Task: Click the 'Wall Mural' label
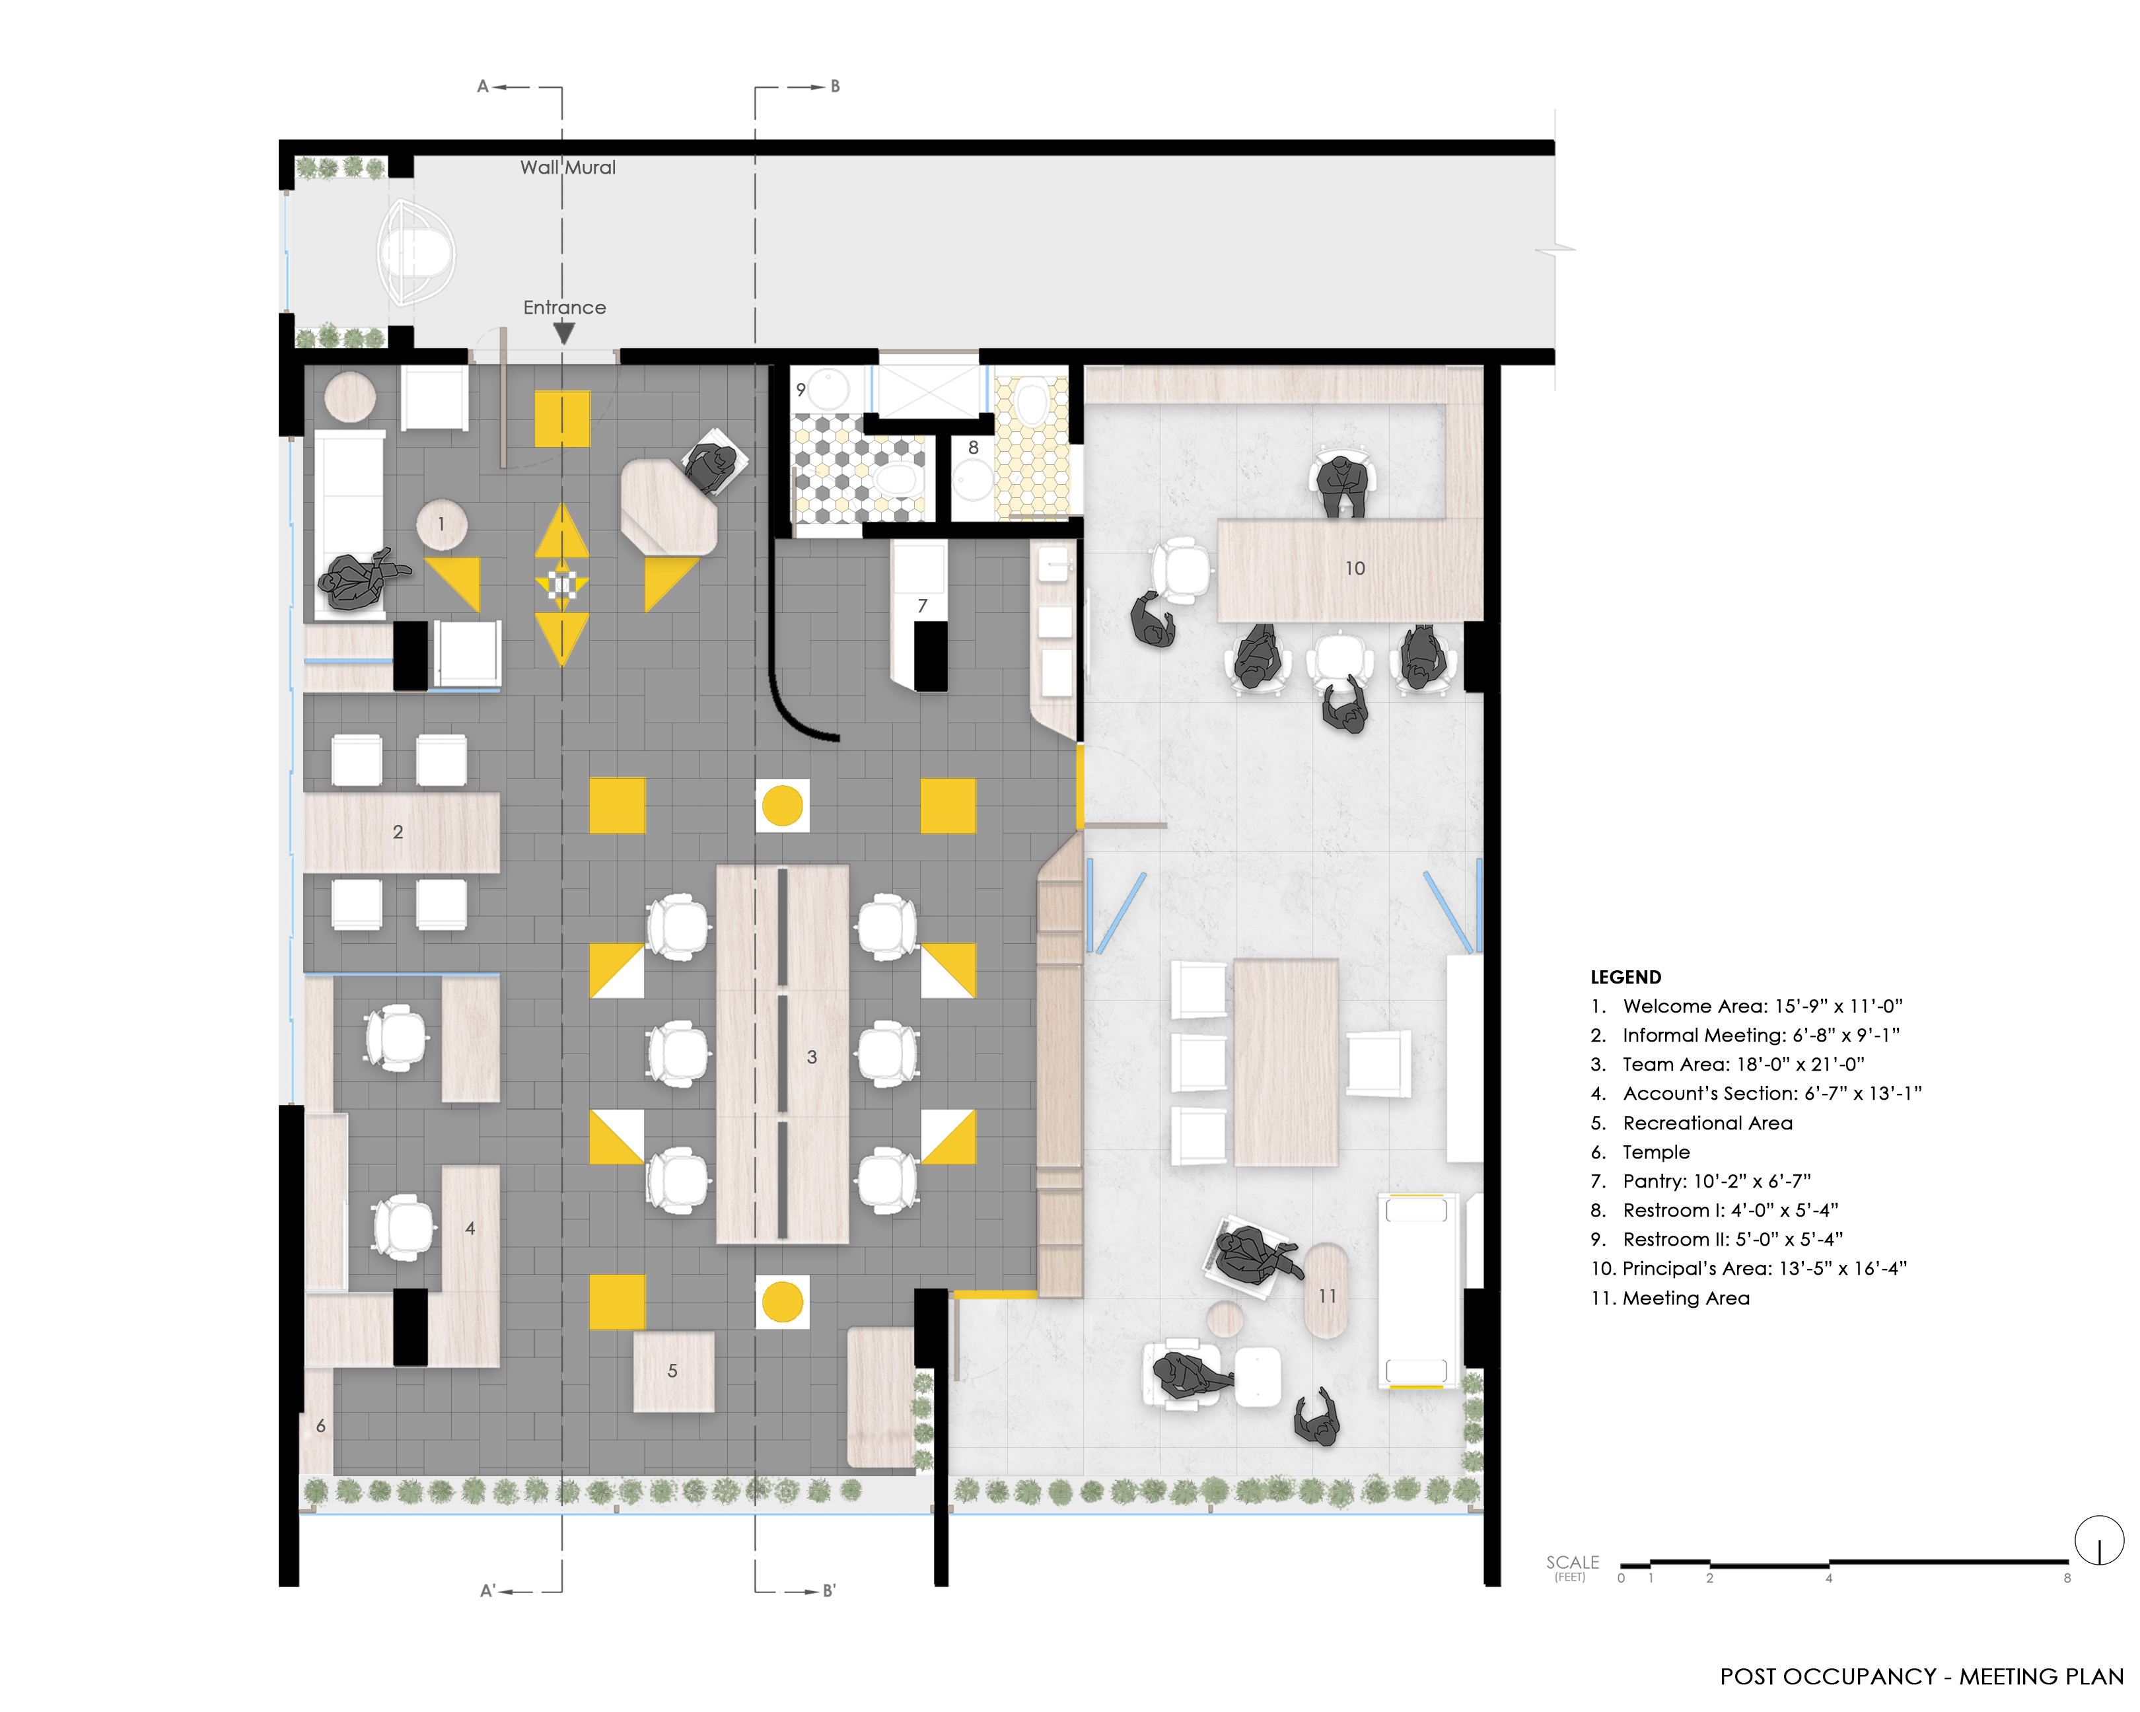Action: point(568,168)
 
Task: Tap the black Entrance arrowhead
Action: point(564,334)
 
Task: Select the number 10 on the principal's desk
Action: point(1355,569)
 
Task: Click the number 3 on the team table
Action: point(812,1057)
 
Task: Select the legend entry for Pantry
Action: point(1700,1181)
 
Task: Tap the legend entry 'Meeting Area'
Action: point(1670,1298)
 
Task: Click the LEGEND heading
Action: point(1626,977)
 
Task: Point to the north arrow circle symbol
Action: point(2099,1540)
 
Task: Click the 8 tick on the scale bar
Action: point(2067,1578)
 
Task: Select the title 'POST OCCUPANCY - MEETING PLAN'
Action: point(1921,1676)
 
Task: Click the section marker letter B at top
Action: point(835,87)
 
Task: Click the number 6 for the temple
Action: point(320,1426)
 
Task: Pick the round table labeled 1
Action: point(442,525)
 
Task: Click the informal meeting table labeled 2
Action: point(401,832)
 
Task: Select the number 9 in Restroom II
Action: point(801,390)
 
